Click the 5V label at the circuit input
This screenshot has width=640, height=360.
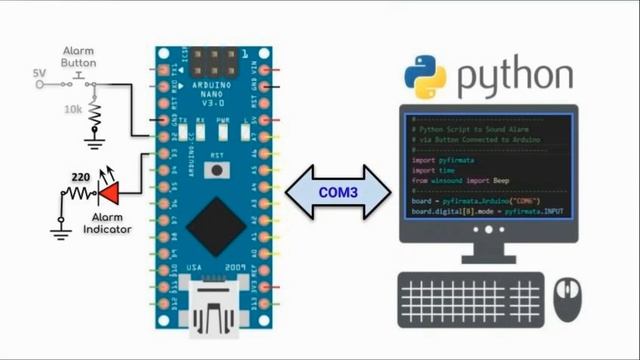pyautogui.click(x=39, y=73)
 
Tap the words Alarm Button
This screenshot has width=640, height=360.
pyautogui.click(x=80, y=55)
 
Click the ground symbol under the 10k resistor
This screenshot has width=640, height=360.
pyautogui.click(x=94, y=143)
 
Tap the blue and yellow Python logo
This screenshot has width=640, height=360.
pyautogui.click(x=424, y=77)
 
